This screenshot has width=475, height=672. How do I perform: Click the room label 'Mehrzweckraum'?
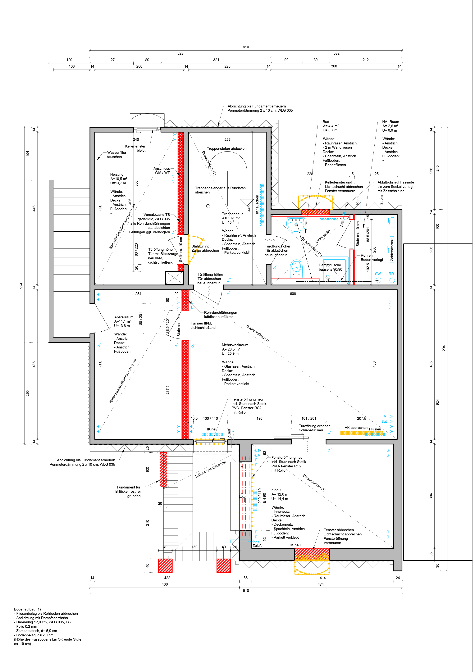[235, 345]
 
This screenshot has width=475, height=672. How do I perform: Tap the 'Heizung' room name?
[117, 175]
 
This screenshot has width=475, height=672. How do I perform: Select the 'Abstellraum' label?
[124, 317]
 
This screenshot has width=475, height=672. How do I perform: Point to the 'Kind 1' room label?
[276, 490]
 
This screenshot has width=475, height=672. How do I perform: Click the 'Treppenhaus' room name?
[232, 214]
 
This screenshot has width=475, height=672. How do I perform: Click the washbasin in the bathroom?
[296, 225]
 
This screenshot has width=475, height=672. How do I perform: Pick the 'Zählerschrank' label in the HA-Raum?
[392, 249]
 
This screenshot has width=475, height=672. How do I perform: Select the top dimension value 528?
[180, 53]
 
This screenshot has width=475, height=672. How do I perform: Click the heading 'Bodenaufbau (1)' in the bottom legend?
[27, 609]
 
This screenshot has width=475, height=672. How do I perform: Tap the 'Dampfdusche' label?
[330, 265]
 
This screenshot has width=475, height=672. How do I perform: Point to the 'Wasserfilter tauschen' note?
[116, 155]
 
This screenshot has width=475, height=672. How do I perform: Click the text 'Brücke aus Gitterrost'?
[211, 469]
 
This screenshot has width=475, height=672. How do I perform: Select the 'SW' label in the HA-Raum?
[378, 274]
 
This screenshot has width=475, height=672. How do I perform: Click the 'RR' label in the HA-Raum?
[391, 274]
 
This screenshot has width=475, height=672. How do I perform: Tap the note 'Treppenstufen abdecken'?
[226, 148]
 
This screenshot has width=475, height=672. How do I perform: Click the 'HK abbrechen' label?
[356, 428]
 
